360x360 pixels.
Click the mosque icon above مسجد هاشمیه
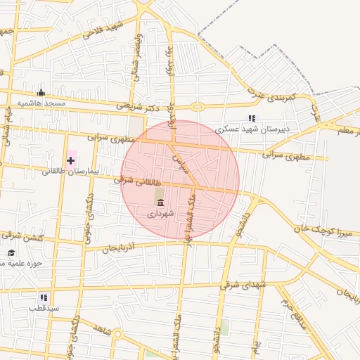[x=41, y=92]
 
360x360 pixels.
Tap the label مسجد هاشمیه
[x=41, y=103]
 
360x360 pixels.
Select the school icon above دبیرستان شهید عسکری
[x=251, y=118]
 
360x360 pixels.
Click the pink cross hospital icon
[x=70, y=160]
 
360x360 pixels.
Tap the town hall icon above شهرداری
[x=160, y=202]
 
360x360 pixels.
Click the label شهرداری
[x=160, y=212]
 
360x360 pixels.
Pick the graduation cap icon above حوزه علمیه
[x=11, y=252]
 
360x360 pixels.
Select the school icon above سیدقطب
[x=44, y=297]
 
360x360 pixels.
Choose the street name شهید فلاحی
[x=103, y=30]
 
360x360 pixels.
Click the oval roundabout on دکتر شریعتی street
[x=198, y=107]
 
